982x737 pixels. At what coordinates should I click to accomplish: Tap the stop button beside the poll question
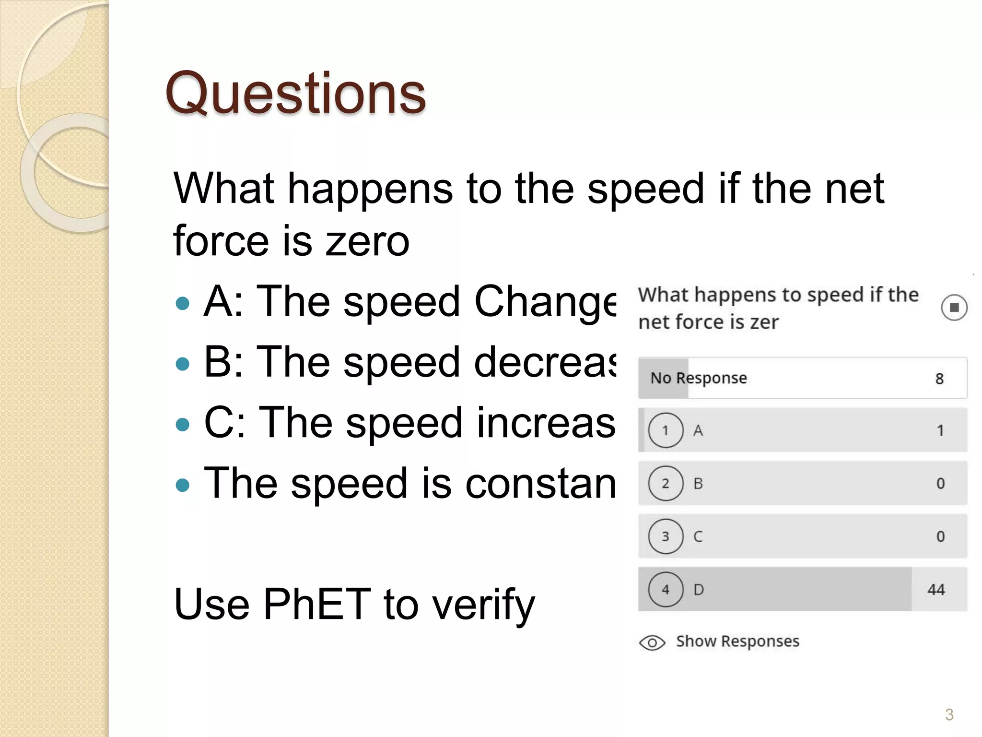tap(954, 308)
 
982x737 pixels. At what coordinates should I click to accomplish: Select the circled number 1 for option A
tap(666, 430)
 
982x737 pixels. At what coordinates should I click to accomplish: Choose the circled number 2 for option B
tap(666, 484)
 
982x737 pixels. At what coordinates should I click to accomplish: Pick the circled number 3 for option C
tap(666, 536)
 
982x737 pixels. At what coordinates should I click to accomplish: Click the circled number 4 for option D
tap(666, 590)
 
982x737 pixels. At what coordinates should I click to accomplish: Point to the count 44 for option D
tap(936, 590)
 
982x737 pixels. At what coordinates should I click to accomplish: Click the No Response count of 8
tap(939, 379)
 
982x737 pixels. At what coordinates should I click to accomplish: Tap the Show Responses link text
tap(737, 642)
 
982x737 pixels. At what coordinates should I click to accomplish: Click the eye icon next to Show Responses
tap(652, 642)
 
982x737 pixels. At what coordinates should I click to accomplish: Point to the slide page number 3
tap(949, 714)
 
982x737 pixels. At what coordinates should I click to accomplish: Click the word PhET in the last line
tap(317, 604)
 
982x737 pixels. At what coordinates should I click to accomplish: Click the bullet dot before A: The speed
tap(183, 303)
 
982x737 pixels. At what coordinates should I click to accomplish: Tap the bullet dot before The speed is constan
tap(183, 485)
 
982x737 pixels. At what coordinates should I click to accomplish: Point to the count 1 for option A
tap(940, 430)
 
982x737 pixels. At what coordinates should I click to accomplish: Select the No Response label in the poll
tap(698, 379)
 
